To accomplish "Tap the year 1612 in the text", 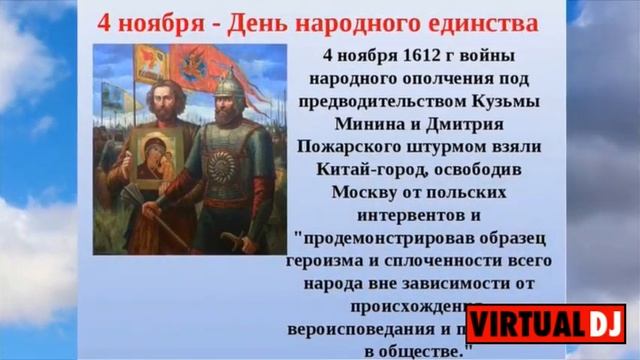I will tap(400, 56).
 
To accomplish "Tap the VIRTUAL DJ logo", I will tap(545, 325).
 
